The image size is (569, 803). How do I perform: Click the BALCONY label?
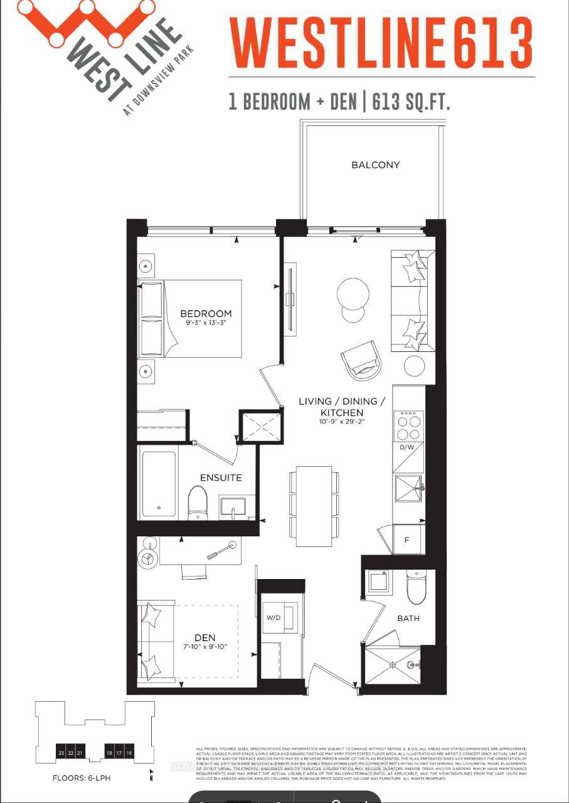click(375, 165)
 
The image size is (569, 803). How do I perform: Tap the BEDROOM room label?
click(206, 314)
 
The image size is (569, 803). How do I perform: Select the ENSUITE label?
click(221, 478)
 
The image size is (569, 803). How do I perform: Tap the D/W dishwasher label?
click(407, 447)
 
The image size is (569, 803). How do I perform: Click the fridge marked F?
click(407, 540)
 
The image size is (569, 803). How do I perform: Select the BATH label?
click(408, 619)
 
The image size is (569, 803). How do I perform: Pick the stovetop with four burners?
click(408, 425)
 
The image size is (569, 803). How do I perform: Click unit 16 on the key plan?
click(129, 753)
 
